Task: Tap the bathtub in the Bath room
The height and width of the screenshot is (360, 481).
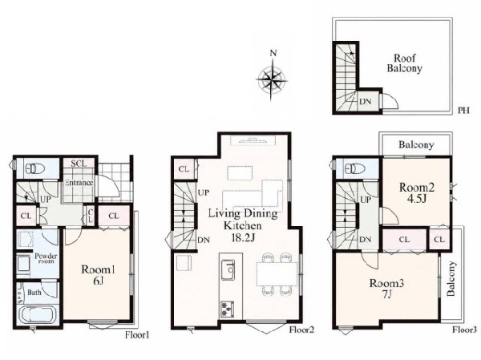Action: point(38,315)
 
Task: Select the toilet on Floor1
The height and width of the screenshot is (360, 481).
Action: point(35,168)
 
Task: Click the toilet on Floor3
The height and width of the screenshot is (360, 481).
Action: point(354,168)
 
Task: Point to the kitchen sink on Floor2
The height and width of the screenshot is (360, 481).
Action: point(228,269)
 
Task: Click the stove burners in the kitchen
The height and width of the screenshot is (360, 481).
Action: point(228,309)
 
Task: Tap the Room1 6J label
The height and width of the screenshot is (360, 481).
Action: point(98,275)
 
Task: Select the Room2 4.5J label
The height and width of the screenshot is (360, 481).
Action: point(417,192)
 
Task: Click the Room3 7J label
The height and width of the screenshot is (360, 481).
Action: point(386,289)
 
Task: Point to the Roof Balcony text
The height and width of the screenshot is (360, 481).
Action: point(404,63)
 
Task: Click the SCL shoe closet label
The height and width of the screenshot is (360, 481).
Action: point(79,164)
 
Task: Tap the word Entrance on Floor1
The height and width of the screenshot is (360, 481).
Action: point(79,183)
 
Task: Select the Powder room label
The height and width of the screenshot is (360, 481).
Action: point(46,258)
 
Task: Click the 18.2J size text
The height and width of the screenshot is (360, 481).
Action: point(244,238)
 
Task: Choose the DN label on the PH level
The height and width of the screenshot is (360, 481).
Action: point(365,101)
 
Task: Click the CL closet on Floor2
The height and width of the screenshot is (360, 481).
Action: point(184,169)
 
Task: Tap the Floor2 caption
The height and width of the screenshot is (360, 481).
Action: point(301,330)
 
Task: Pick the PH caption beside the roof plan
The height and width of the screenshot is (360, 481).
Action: point(464,110)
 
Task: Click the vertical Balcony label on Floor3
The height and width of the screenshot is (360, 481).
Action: point(451,279)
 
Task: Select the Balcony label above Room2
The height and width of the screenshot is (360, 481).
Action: point(416,144)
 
